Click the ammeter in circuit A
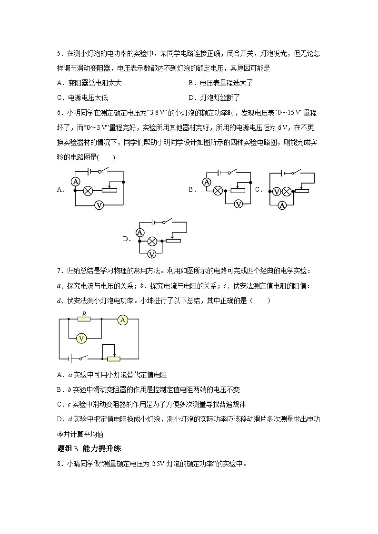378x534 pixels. [x=75, y=181]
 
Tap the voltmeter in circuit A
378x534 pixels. [x=99, y=205]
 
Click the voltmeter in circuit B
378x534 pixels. [x=239, y=204]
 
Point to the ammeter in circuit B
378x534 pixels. [x=207, y=182]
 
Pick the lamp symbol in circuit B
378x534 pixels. [x=218, y=191]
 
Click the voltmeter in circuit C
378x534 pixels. [x=276, y=191]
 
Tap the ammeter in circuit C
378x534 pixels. [x=282, y=205]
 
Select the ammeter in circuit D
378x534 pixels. [x=140, y=232]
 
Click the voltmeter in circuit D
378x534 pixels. [x=152, y=254]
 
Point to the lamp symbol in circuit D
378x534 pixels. [x=152, y=241]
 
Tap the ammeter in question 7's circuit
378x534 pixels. [x=123, y=320]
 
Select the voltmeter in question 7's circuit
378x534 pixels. [x=81, y=338]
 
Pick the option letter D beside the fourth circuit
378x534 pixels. [x=126, y=239]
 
